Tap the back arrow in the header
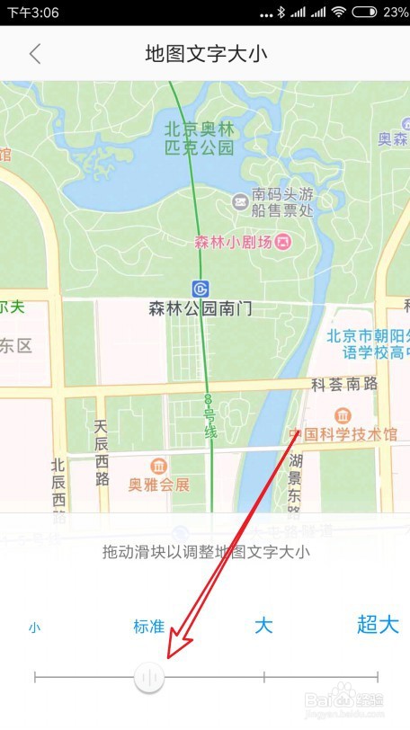pyautogui.click(x=35, y=54)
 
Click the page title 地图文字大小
pyautogui.click(x=206, y=54)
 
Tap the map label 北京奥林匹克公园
pyautogui.click(x=200, y=138)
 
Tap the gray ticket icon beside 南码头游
pyautogui.click(x=240, y=200)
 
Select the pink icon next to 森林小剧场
pyautogui.click(x=284, y=241)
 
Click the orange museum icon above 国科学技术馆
pyautogui.click(x=342, y=414)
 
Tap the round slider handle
pyautogui.click(x=149, y=677)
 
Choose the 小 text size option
pyautogui.click(x=34, y=628)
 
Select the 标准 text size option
pyautogui.click(x=149, y=627)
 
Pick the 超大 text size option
pyautogui.click(x=378, y=626)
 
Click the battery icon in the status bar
pyautogui.click(x=364, y=13)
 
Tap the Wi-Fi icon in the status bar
pyautogui.click(x=338, y=13)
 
